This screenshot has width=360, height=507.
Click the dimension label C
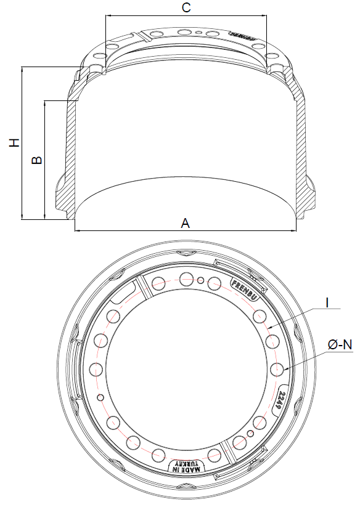pyautogui.click(x=186, y=7)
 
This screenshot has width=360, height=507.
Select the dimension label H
pyautogui.click(x=14, y=142)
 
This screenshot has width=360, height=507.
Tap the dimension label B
pyautogui.click(x=37, y=160)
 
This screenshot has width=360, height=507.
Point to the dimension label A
pyautogui.click(x=185, y=223)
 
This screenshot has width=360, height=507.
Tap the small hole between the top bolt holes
pyautogui.click(x=200, y=281)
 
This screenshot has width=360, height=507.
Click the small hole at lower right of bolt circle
pyautogui.click(x=250, y=434)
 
